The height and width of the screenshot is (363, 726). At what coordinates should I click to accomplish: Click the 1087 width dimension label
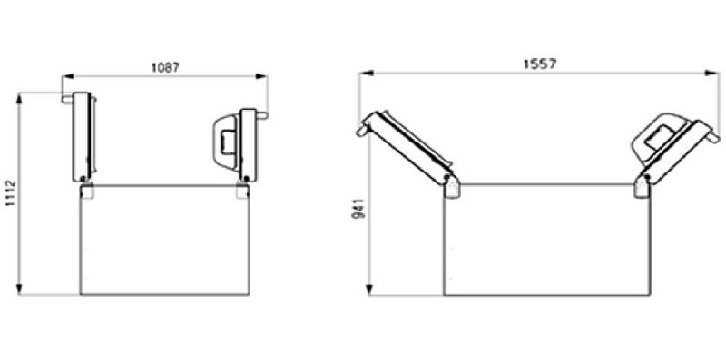(166, 67)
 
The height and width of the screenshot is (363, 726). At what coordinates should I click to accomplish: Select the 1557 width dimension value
(539, 64)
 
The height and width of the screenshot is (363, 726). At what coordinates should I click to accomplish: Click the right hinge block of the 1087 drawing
(241, 191)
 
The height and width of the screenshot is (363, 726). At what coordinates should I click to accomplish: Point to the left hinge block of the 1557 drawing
(452, 186)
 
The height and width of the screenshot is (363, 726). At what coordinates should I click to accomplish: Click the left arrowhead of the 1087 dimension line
(64, 78)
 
